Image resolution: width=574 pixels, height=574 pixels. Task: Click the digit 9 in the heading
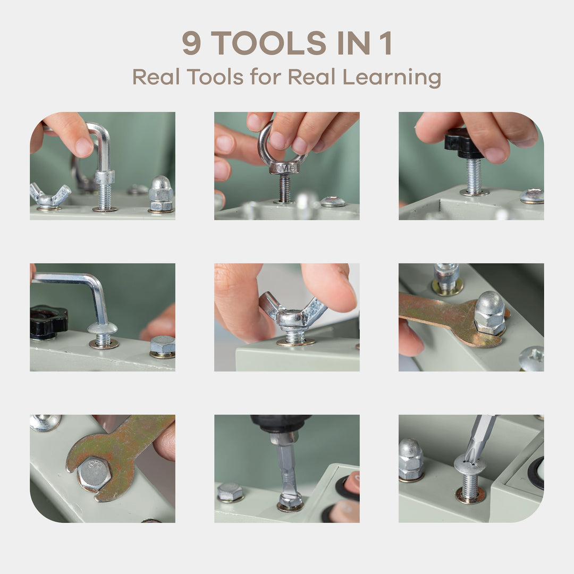click(191, 43)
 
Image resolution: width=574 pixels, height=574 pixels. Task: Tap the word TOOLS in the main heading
click(268, 43)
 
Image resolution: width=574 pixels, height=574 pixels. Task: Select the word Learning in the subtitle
click(392, 78)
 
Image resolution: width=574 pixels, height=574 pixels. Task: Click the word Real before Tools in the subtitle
click(156, 77)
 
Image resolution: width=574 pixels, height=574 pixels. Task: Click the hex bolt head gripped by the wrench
click(94, 474)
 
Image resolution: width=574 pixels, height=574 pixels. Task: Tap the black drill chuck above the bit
click(281, 424)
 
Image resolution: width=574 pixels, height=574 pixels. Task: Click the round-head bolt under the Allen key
click(103, 333)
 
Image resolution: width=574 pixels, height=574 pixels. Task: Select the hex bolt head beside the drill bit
click(230, 492)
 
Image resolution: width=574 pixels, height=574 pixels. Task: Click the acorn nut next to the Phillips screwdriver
click(411, 459)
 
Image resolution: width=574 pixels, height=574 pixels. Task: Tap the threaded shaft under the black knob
click(474, 176)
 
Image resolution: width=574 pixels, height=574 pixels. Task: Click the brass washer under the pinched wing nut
click(296, 342)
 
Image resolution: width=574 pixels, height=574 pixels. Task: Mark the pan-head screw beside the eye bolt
click(333, 201)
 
